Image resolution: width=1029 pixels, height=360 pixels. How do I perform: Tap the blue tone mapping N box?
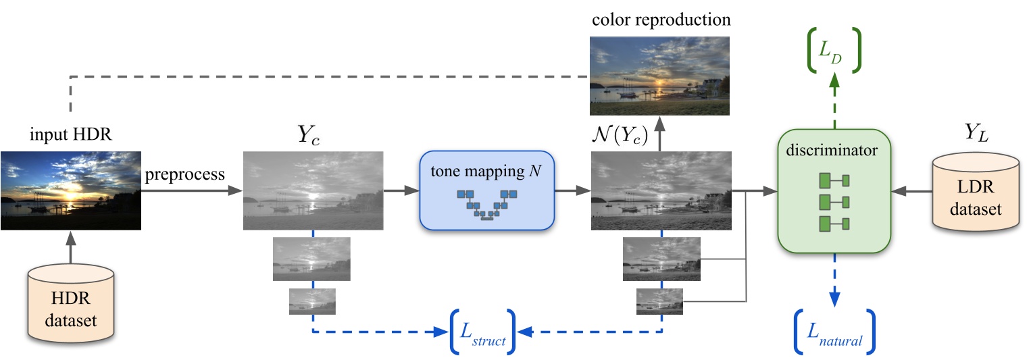coord(486,191)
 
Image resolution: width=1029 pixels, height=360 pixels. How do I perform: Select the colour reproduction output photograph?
coord(660,74)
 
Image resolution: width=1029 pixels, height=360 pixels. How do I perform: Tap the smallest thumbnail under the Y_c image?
coord(312,301)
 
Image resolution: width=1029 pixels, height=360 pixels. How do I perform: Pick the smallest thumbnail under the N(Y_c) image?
coord(659,301)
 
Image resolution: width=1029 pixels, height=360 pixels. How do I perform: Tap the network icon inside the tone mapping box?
coord(486,204)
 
